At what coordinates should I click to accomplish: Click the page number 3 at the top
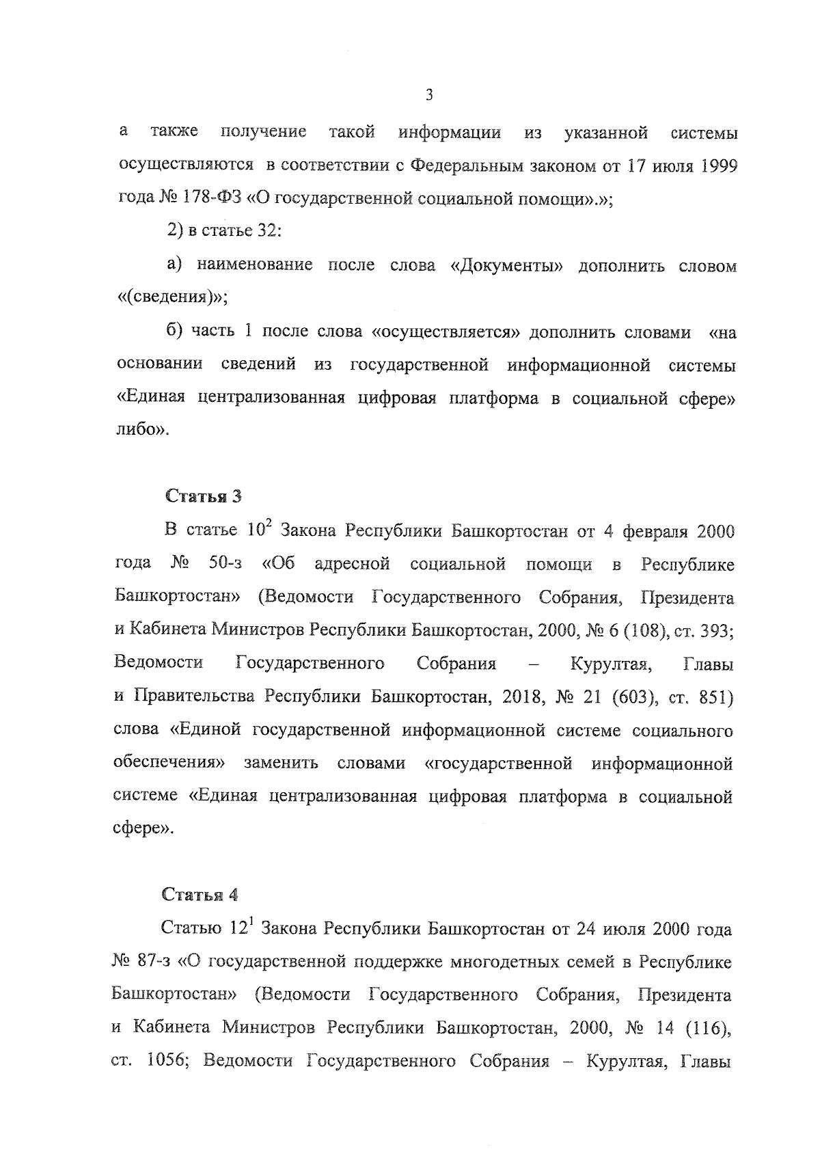click(429, 96)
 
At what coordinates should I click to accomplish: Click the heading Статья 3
click(203, 497)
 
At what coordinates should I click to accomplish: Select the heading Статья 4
click(200, 895)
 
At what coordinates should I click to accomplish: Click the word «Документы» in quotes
click(506, 266)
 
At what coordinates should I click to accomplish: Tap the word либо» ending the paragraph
click(141, 431)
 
